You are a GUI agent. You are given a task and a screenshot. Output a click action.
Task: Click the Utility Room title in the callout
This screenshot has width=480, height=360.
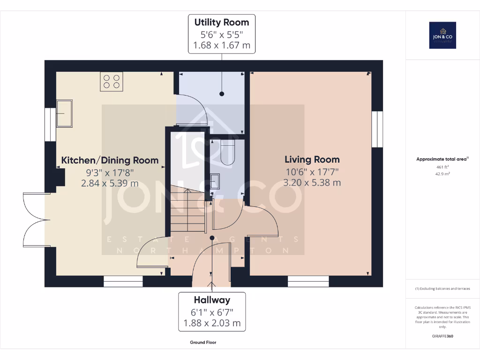pos(222,22)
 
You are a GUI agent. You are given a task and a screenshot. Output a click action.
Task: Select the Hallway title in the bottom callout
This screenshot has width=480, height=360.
pos(212,300)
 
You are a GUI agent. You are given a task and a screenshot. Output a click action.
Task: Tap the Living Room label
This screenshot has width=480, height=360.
pos(312,159)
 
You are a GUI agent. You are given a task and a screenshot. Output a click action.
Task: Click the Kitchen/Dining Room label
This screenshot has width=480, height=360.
pos(110,160)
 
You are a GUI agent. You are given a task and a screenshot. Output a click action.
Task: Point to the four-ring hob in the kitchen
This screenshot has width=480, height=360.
pos(111,81)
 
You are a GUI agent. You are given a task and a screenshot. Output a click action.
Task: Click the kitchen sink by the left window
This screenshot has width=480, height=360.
pos(64,113)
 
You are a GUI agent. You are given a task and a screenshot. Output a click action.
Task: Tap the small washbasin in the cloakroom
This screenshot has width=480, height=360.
pos(215,181)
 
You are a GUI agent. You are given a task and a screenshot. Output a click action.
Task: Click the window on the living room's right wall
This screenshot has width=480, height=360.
pos(377,129)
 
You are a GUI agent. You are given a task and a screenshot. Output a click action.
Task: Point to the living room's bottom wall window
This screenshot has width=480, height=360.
pos(308,281)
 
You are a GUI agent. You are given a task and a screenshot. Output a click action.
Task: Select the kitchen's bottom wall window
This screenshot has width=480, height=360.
pos(123,281)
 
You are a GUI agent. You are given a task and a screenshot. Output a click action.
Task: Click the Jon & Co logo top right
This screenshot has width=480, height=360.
pos(442,35)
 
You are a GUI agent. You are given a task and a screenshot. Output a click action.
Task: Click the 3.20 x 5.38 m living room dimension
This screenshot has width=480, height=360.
pos(312,183)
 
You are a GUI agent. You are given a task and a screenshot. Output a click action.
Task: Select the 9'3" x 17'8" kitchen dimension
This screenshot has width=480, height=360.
pos(110,172)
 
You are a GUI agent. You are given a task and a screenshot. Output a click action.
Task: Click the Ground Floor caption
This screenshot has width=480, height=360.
pos(203,343)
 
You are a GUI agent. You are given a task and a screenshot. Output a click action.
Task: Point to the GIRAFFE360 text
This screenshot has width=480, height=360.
pos(443,336)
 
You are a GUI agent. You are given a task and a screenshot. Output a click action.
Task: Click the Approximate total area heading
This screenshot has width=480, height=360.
pos(442,159)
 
